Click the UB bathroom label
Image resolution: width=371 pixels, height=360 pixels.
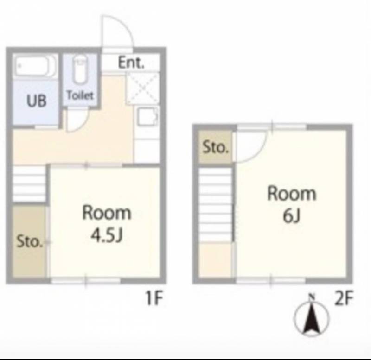tap(37, 101)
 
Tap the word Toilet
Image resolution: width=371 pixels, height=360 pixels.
tap(80, 95)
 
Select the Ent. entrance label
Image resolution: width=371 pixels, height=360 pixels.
tap(131, 63)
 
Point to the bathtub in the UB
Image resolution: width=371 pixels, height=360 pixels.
tap(36, 65)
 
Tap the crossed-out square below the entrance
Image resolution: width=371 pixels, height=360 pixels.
tap(142, 88)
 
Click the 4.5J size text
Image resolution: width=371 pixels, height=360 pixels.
tap(107, 235)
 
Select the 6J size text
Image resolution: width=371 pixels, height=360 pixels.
tap(292, 216)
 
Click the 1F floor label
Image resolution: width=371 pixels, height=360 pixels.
tap(154, 298)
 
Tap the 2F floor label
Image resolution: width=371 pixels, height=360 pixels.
tap(344, 298)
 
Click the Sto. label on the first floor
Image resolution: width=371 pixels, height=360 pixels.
tap(30, 241)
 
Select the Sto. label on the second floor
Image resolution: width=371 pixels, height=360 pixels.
tap(216, 147)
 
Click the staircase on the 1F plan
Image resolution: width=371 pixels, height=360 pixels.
tap(29, 184)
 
